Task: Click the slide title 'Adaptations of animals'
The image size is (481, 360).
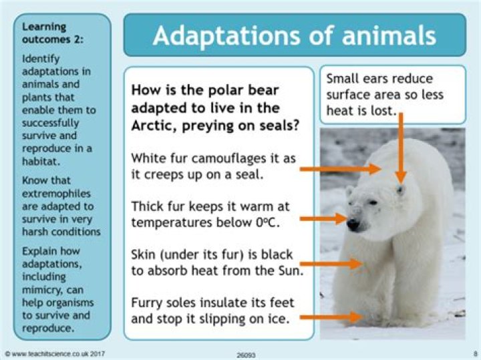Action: pyautogui.click(x=294, y=36)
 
